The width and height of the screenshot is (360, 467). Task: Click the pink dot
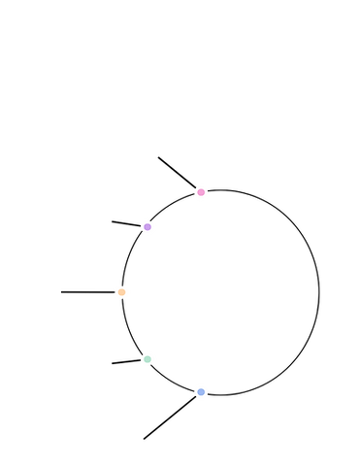[201, 192]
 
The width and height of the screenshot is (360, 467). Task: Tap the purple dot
[147, 227]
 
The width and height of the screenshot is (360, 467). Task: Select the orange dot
[123, 291]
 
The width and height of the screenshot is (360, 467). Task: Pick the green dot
[147, 359]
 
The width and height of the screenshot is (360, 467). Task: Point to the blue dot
[201, 391]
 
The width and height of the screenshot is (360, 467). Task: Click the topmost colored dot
[201, 192]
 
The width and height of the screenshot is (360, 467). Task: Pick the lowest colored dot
[201, 391]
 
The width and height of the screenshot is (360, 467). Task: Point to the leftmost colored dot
[123, 291]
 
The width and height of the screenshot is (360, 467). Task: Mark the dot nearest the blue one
[147, 359]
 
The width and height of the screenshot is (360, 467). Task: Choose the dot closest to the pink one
[147, 227]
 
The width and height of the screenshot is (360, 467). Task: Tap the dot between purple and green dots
[123, 291]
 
